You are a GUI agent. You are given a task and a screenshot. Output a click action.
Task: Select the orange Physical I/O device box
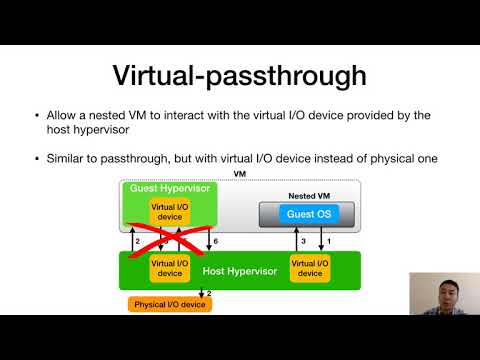(x=169, y=304)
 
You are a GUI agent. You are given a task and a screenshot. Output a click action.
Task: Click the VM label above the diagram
(x=239, y=173)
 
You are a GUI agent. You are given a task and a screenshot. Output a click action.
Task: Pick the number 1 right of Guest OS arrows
(x=331, y=241)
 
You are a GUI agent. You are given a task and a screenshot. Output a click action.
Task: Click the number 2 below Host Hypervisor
(x=208, y=294)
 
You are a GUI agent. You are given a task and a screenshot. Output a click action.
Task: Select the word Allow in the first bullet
(x=63, y=116)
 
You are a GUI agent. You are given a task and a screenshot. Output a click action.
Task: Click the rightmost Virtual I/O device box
(x=310, y=268)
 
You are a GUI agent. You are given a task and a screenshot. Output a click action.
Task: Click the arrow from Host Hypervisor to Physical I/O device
(x=201, y=292)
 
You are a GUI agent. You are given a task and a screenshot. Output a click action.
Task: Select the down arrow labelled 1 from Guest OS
(x=322, y=240)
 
